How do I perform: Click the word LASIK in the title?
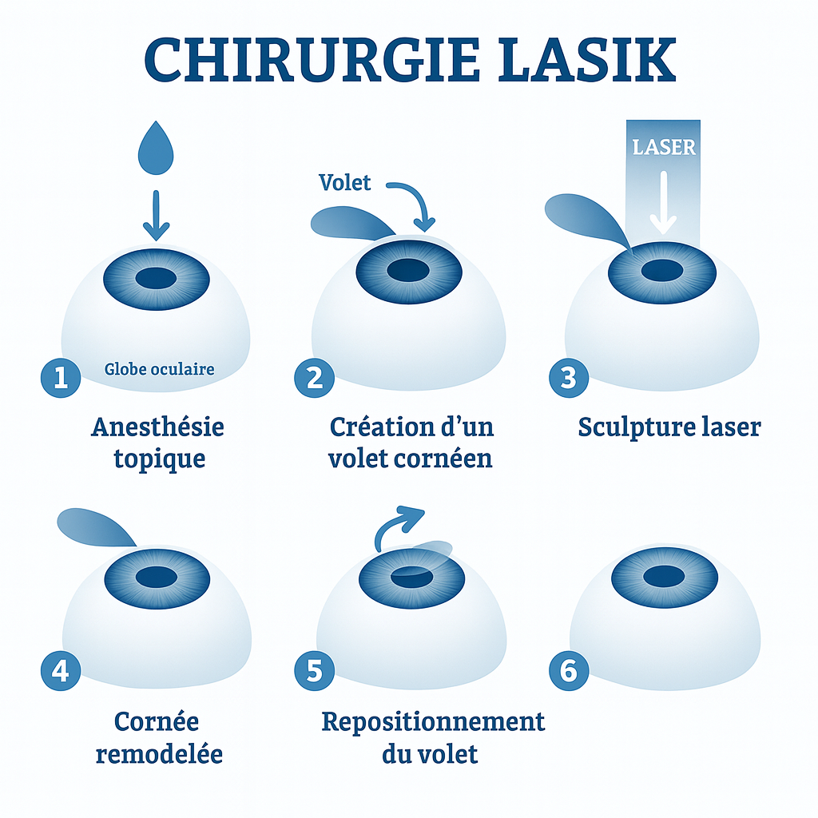click(x=587, y=60)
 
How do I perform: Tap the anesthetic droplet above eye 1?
click(x=156, y=148)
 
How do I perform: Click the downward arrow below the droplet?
click(x=156, y=216)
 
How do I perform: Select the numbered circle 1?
click(x=61, y=378)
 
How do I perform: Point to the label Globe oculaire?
click(x=159, y=369)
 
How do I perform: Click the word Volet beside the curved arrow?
click(x=344, y=183)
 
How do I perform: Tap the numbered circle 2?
click(x=314, y=378)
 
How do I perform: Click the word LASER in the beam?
click(x=664, y=147)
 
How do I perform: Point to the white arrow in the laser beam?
click(x=663, y=202)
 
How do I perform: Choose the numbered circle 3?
click(x=569, y=378)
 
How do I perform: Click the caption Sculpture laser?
click(x=669, y=427)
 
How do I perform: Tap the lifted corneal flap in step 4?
click(x=94, y=528)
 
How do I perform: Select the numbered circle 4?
click(x=61, y=671)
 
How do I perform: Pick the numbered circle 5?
click(x=314, y=671)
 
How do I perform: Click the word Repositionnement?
click(x=433, y=722)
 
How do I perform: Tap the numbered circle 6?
click(x=569, y=671)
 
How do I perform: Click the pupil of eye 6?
click(x=664, y=577)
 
